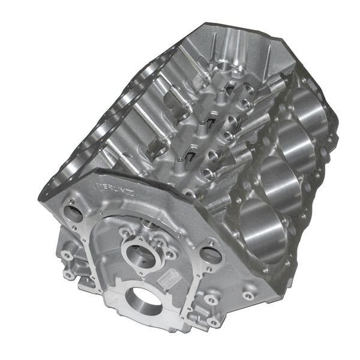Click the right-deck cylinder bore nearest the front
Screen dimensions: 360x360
(262, 222)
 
